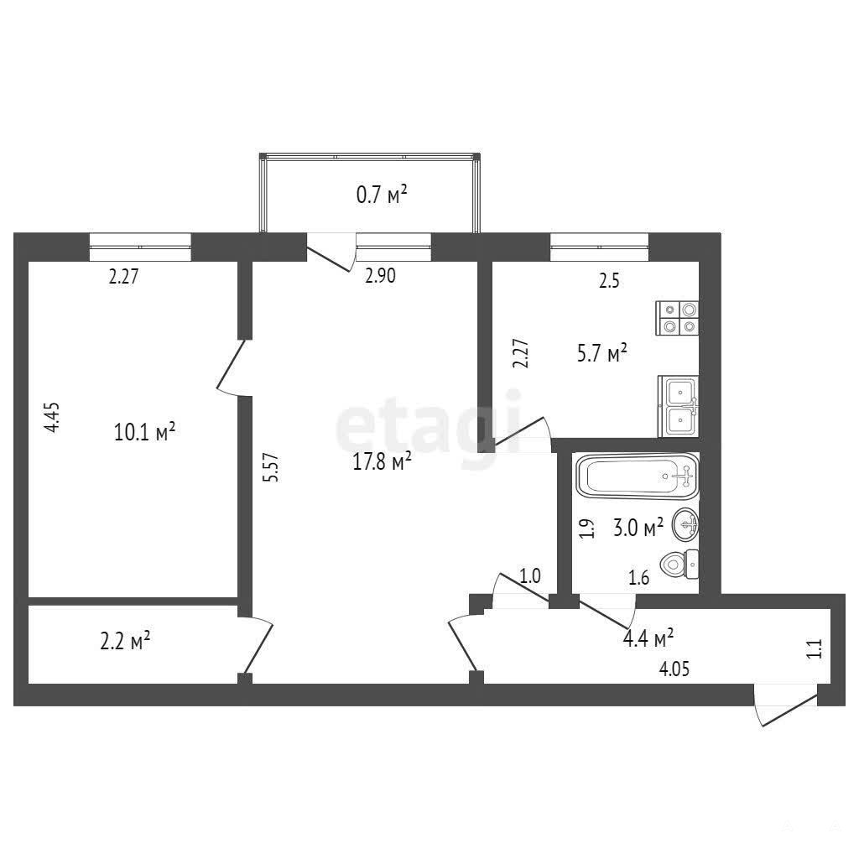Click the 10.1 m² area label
click(144, 432)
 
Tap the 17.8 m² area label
click(382, 462)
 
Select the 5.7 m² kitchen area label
click(602, 353)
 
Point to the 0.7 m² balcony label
click(382, 195)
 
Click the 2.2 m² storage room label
click(126, 640)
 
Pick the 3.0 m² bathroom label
click(638, 528)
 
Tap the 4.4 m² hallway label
click(648, 638)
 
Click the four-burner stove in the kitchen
click(678, 318)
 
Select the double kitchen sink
click(678, 407)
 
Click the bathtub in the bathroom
click(638, 476)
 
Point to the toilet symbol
click(679, 564)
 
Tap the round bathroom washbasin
click(685, 524)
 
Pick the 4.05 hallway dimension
click(674, 669)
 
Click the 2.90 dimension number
click(380, 275)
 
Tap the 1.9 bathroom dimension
click(587, 528)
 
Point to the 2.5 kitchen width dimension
click(609, 281)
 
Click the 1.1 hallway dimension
click(815, 648)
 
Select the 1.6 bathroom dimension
click(638, 577)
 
